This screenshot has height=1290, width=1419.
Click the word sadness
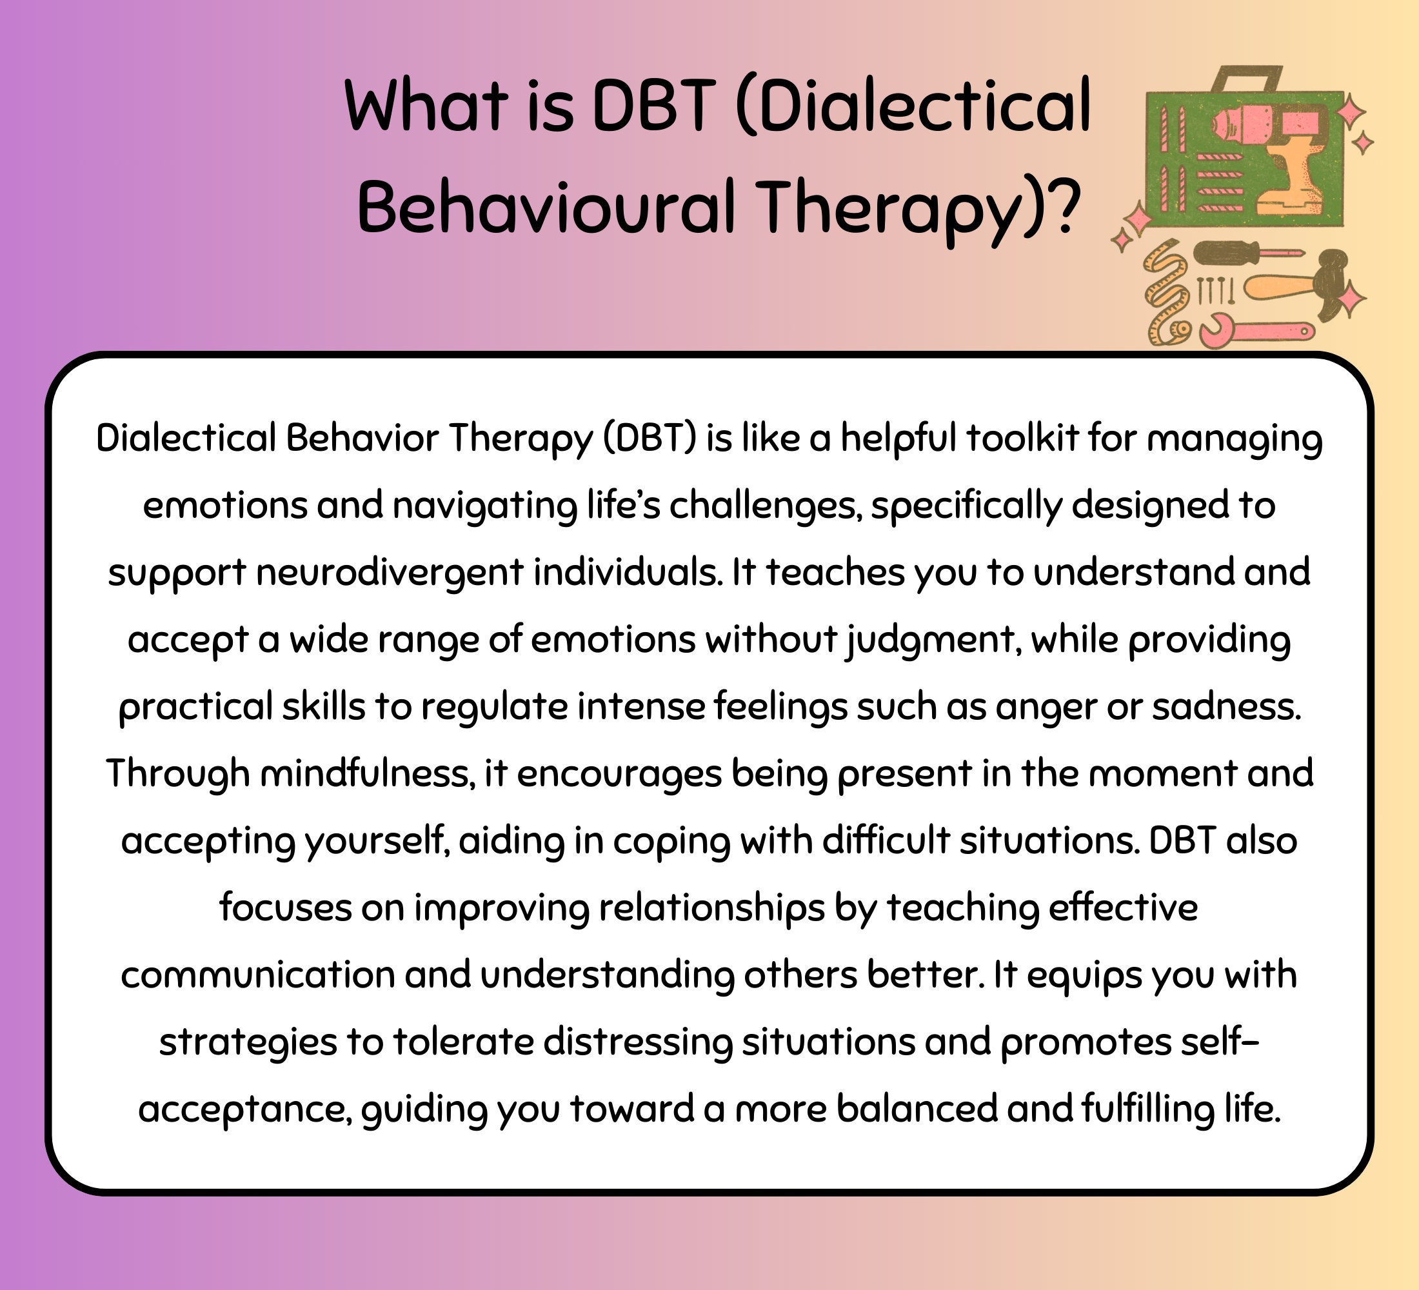point(1226,706)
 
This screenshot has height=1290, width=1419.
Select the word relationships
point(711,908)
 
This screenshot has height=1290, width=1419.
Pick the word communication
point(257,975)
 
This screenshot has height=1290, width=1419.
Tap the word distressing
point(638,1042)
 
